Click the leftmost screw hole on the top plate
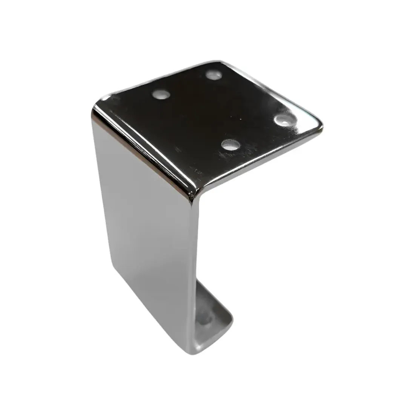[161, 94]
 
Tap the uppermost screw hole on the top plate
[214, 74]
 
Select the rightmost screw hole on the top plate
[283, 120]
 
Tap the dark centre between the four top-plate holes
[223, 109]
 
